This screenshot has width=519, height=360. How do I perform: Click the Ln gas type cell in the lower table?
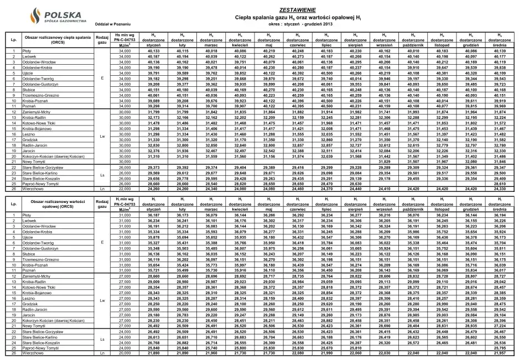pos(102,352)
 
